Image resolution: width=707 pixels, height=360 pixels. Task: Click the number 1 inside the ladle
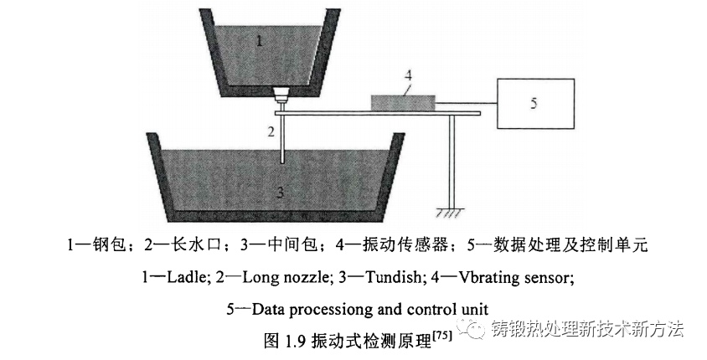[x=260, y=39]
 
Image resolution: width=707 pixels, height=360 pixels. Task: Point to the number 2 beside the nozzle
[x=271, y=130]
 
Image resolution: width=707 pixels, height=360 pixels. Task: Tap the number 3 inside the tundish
[x=281, y=193]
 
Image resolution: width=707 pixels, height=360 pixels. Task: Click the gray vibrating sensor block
[x=403, y=101]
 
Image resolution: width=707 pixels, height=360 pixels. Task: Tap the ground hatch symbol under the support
[x=452, y=213]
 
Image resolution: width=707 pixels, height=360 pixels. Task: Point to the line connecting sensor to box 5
[x=467, y=103]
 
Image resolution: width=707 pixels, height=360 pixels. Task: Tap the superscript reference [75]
[x=441, y=336]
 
